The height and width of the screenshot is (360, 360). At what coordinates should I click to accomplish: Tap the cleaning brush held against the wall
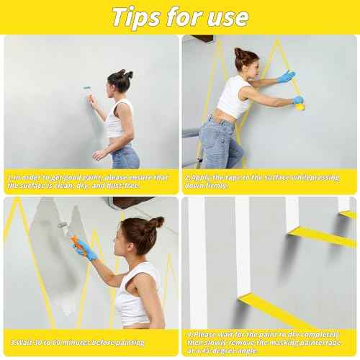(87, 89)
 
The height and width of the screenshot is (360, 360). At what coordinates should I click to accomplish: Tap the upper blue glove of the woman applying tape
(287, 76)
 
